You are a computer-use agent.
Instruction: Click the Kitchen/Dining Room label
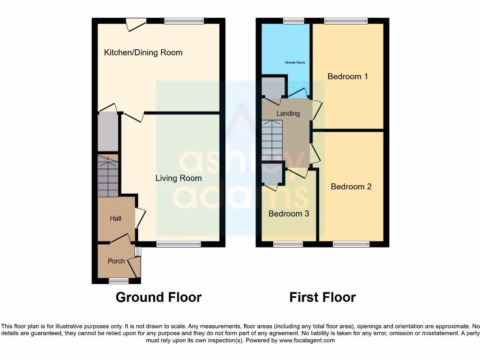pos(143,52)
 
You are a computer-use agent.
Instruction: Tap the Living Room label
pos(179,178)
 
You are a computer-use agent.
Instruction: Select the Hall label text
pos(115,218)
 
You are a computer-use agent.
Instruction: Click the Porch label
pos(116,261)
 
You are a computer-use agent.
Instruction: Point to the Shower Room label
pos(295,62)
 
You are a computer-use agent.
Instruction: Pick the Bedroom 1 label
pos(347,76)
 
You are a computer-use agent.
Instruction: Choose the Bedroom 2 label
pos(351,187)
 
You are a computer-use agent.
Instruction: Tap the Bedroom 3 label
pos(289,214)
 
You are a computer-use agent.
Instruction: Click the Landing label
pos(288,113)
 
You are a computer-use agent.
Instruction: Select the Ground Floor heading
pos(158,297)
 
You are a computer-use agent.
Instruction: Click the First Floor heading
pos(322,297)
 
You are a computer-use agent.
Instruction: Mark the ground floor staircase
pos(108,176)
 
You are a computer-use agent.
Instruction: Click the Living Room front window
pos(179,244)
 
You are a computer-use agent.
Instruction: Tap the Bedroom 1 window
pos(346,21)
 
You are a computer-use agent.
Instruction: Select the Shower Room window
pos(293,21)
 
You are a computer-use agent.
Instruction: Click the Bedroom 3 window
pos(288,244)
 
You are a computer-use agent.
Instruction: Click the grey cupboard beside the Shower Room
pos(273,87)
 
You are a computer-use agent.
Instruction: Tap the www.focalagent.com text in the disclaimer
pos(307,340)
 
